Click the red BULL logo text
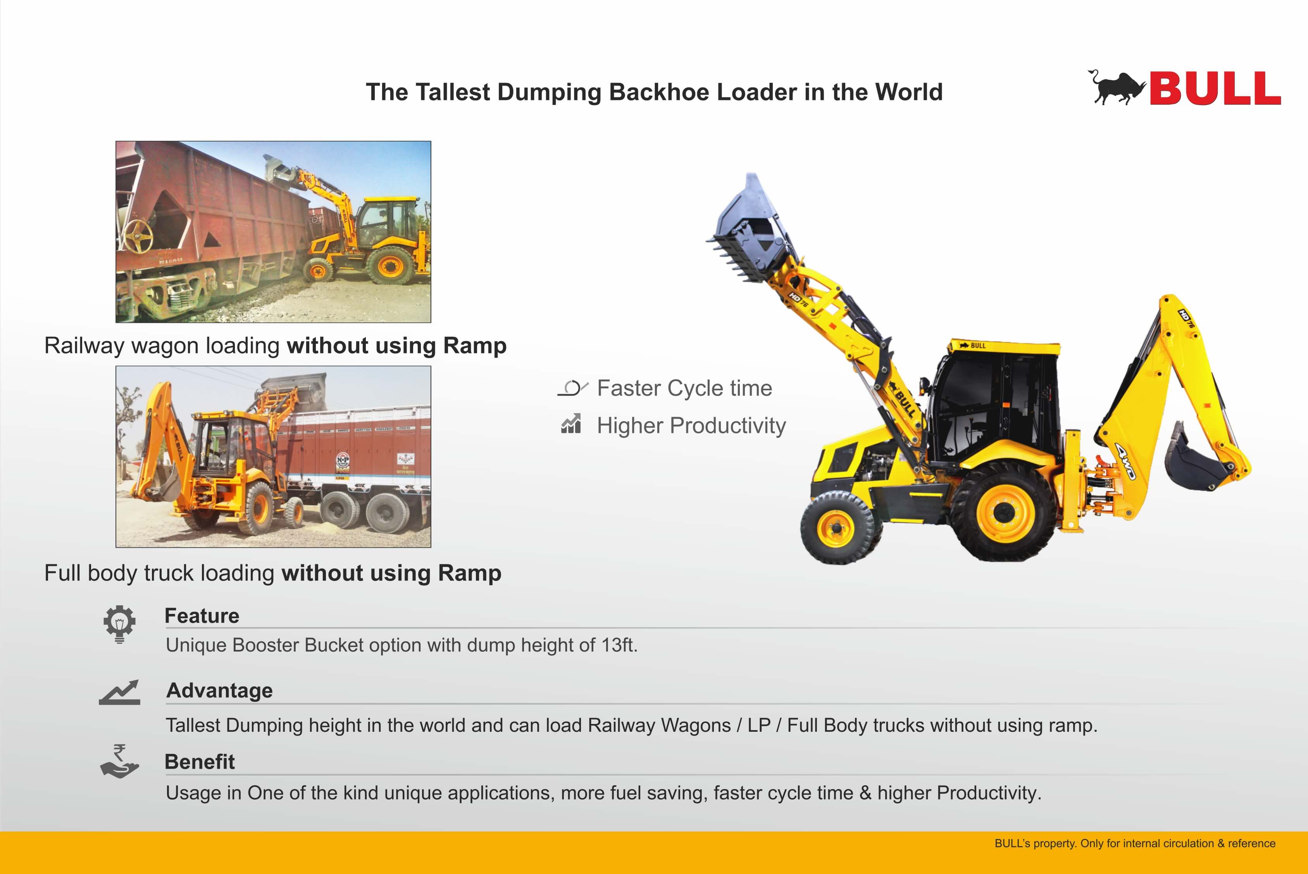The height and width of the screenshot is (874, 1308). click(1215, 88)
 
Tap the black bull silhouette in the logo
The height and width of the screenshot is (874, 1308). click(1116, 88)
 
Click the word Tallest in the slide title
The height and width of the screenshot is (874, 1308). click(453, 92)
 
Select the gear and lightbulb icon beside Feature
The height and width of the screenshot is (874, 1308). click(119, 624)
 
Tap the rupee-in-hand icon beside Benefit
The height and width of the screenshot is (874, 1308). click(119, 761)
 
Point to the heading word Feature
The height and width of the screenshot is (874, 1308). click(202, 616)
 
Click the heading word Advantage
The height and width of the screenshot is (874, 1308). click(220, 691)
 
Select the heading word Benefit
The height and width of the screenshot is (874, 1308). click(200, 762)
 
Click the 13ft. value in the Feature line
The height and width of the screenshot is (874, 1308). click(619, 645)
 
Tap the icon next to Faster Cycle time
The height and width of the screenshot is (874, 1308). click(573, 388)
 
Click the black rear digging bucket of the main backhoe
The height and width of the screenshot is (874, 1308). click(1198, 460)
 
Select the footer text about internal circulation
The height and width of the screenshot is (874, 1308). click(1135, 843)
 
